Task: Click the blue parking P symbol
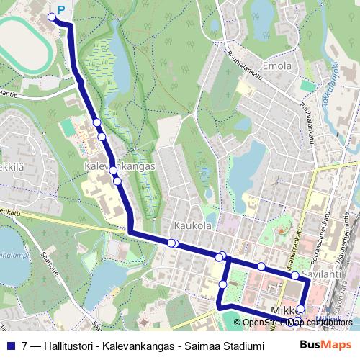click(60, 10)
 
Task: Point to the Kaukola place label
click(192, 225)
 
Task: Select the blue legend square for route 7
click(12, 345)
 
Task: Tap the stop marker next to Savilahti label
click(294, 275)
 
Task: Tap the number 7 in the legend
click(26, 345)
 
